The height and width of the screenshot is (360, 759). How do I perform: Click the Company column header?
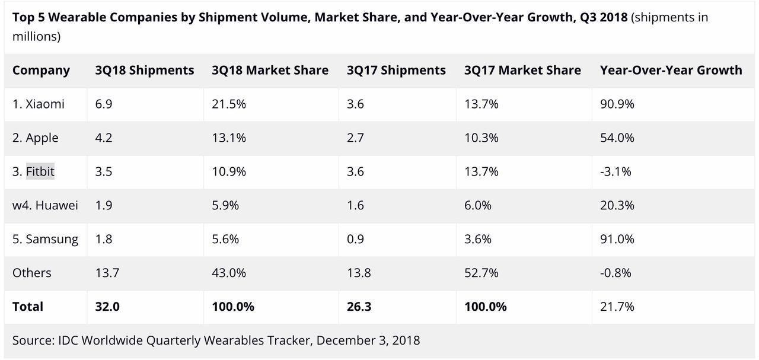tap(41, 70)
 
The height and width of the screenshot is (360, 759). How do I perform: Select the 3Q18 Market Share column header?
tap(270, 70)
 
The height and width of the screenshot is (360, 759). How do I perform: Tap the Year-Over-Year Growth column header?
tap(671, 70)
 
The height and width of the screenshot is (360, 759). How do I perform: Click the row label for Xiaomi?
tap(39, 104)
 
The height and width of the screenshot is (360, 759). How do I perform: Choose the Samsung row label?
tap(45, 239)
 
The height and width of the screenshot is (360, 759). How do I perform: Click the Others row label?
tap(32, 273)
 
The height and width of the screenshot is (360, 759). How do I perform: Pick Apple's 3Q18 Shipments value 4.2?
tap(104, 138)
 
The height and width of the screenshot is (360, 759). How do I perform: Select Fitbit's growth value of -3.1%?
tap(616, 172)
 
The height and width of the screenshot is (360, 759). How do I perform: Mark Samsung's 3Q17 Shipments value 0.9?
tap(356, 239)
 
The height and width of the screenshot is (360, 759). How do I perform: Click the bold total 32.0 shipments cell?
tap(107, 307)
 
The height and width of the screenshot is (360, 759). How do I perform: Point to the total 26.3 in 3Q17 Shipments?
tap(359, 307)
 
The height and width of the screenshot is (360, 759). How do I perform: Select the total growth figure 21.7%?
tap(617, 307)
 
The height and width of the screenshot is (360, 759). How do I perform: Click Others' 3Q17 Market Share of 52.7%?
tap(481, 273)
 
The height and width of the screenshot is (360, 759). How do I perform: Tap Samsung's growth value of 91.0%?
tap(617, 239)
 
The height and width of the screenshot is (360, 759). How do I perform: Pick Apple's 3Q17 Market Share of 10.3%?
tap(481, 138)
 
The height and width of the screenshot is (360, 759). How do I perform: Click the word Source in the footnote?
tap(33, 340)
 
